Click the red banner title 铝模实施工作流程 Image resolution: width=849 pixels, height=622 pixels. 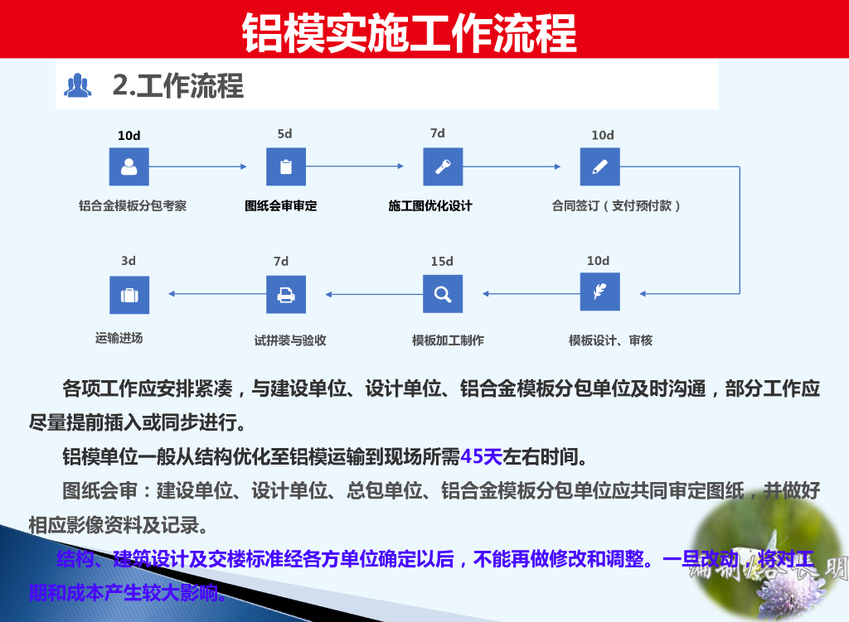pyautogui.click(x=409, y=31)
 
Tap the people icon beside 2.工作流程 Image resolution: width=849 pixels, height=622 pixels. pyautogui.click(x=78, y=85)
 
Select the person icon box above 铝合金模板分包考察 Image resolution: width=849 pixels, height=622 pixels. pyautogui.click(x=129, y=166)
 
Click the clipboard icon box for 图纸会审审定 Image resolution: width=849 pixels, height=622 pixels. pyautogui.click(x=286, y=166)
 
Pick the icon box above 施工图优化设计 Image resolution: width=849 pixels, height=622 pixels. pyautogui.click(x=443, y=166)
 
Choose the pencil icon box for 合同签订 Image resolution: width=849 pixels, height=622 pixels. pyautogui.click(x=600, y=166)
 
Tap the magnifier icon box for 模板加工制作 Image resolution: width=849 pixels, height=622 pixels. pyautogui.click(x=443, y=293)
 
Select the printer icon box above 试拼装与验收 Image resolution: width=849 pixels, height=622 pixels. pyautogui.click(x=286, y=294)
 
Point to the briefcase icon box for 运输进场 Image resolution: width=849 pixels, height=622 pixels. pyautogui.click(x=129, y=295)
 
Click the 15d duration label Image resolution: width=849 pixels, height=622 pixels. pyautogui.click(x=442, y=262)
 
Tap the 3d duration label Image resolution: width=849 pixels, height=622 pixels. pyautogui.click(x=129, y=261)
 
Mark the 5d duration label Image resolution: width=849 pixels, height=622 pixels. pyautogui.click(x=285, y=134)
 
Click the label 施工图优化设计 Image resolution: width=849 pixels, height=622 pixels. pyautogui.click(x=430, y=205)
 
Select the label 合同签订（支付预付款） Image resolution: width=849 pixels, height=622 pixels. pyautogui.click(x=616, y=205)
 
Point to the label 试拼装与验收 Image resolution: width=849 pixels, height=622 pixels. pyautogui.click(x=290, y=340)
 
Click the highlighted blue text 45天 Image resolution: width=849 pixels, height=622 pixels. pyautogui.click(x=482, y=456)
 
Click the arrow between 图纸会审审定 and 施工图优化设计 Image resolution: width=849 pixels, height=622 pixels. pyautogui.click(x=356, y=166)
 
